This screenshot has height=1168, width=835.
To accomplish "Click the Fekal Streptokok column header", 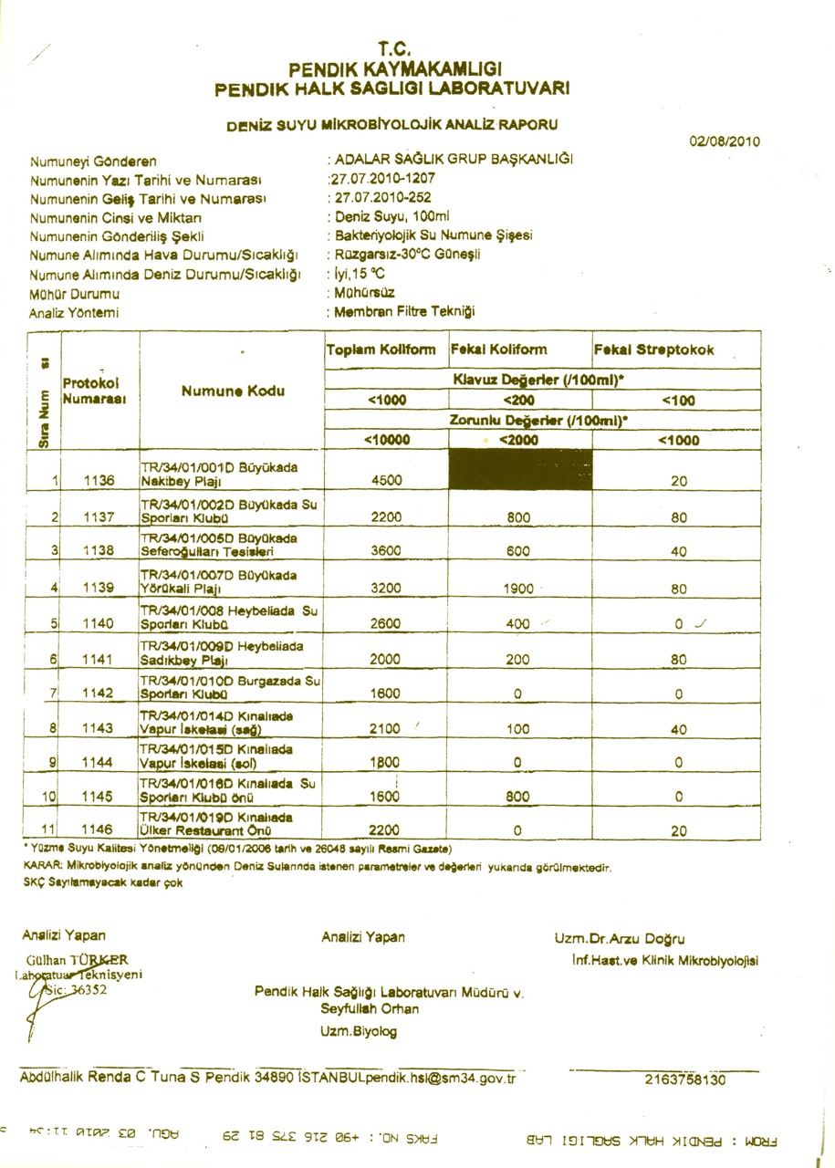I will click(x=653, y=350).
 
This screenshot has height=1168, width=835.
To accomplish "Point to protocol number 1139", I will click(x=97, y=589).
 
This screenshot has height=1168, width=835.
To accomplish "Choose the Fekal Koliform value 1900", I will click(x=518, y=589).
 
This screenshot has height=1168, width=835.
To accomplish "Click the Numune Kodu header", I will click(x=232, y=391).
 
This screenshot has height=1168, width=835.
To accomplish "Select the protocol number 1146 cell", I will click(x=97, y=830).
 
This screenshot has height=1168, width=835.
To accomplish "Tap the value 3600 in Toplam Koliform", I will click(x=386, y=550).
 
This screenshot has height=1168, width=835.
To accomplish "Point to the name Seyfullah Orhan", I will click(x=370, y=1009).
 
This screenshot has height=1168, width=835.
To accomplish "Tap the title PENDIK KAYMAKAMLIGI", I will click(x=395, y=69).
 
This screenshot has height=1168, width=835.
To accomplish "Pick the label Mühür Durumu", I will click(x=74, y=295).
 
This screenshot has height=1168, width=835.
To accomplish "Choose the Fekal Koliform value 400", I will click(x=518, y=624).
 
